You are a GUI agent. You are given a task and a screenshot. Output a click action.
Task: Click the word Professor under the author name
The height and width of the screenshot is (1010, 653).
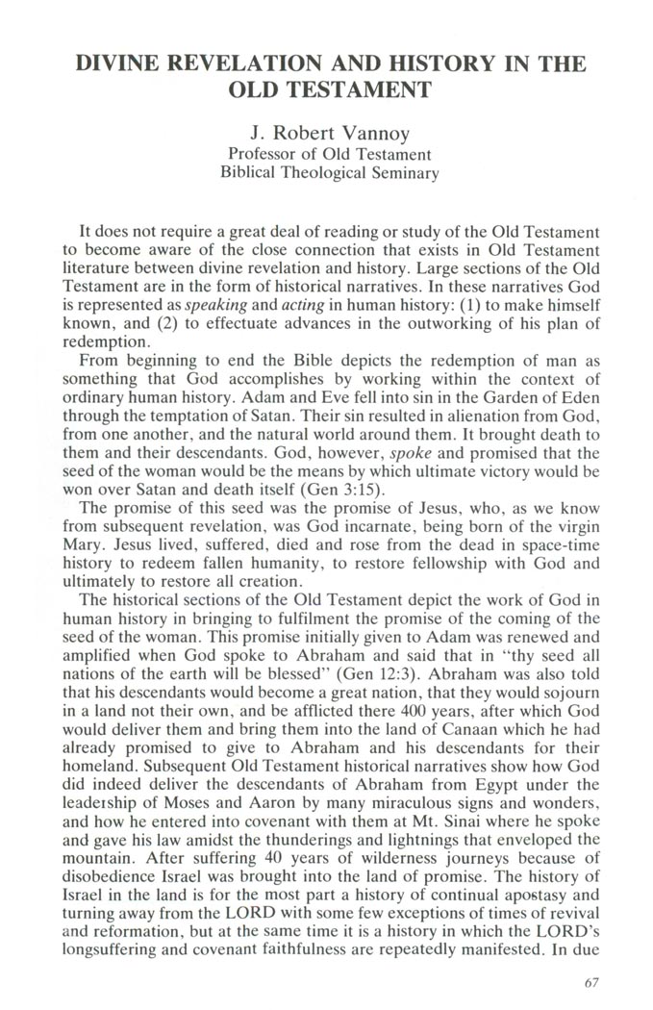(266, 154)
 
